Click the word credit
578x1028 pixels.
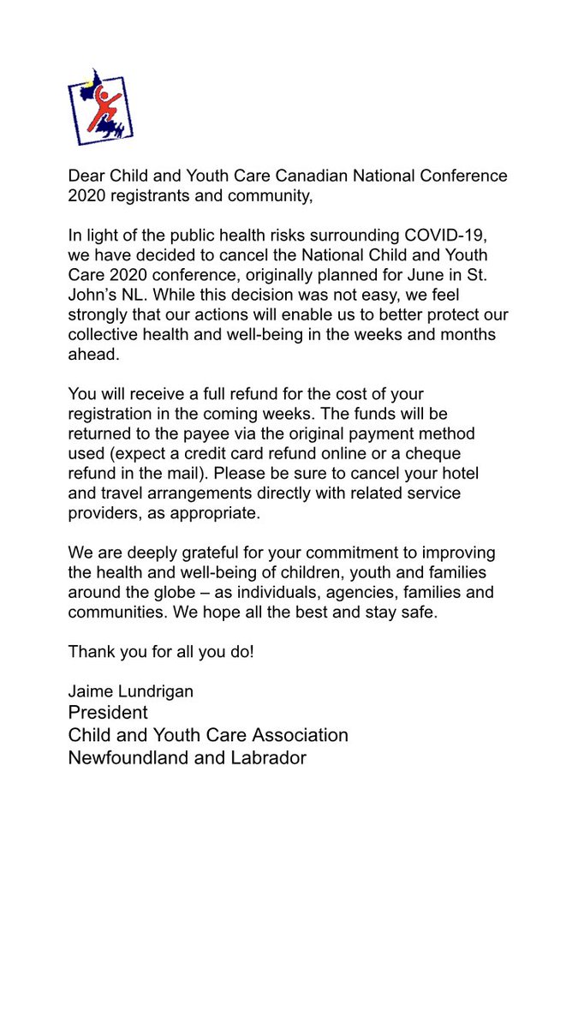tap(228, 454)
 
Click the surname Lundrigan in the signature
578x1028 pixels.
tap(155, 691)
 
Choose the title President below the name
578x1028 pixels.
tap(108, 713)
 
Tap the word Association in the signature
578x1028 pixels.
tap(299, 735)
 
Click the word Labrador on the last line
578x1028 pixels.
tap(266, 757)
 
